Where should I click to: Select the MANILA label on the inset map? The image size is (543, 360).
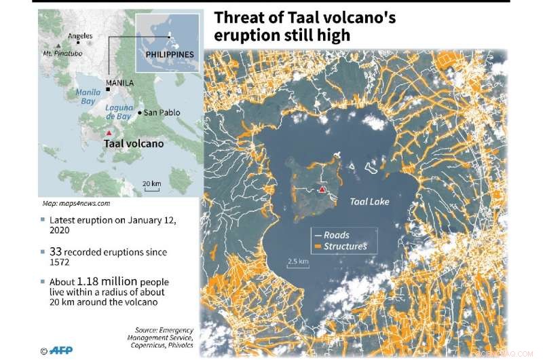122,83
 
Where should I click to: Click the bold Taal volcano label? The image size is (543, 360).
133,144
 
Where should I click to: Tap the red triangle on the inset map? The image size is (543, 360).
108,134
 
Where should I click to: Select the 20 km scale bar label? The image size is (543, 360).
151,184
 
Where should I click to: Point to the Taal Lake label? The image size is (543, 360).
370,202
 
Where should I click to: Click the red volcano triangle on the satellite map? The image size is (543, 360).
322,190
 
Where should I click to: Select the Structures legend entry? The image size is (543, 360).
345,246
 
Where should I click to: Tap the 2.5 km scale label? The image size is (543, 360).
299,262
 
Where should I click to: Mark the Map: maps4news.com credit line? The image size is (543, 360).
76,203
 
